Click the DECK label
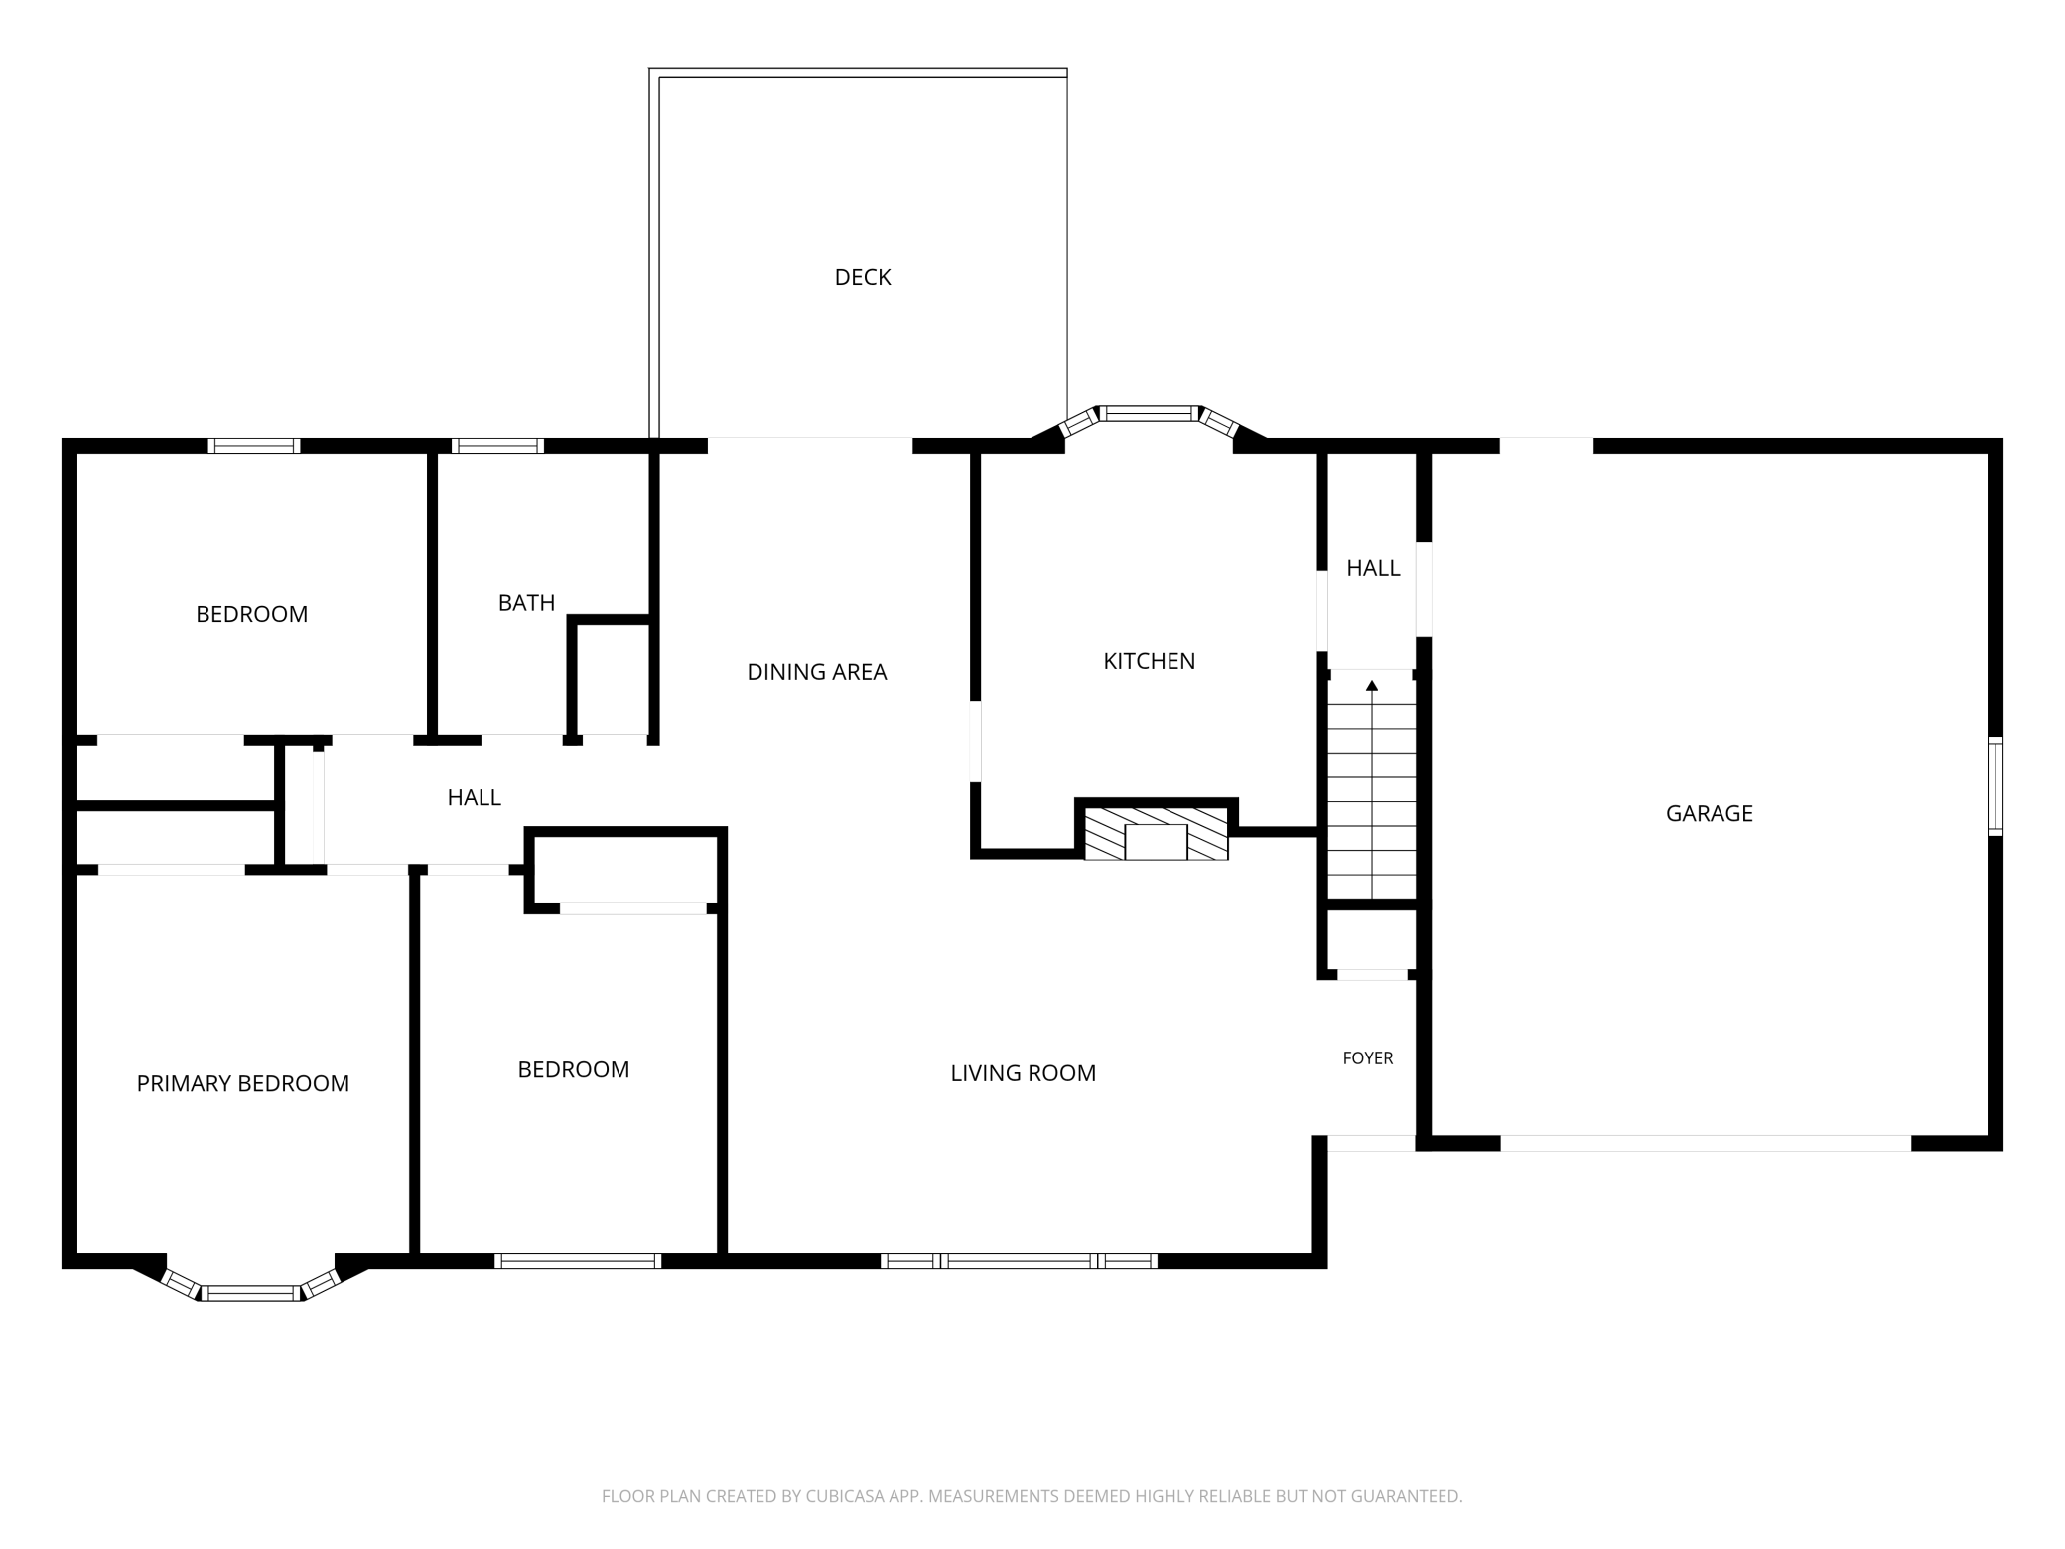click(x=863, y=277)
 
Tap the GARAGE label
click(x=1709, y=813)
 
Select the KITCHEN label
click(x=1149, y=661)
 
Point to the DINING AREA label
click(x=816, y=672)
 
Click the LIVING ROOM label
click(x=1023, y=1073)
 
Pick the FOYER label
click(x=1367, y=1058)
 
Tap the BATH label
click(x=526, y=603)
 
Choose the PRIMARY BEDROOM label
click(x=242, y=1083)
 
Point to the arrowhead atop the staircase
click(x=1372, y=685)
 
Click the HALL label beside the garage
click(x=1373, y=568)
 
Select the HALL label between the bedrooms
click(x=474, y=797)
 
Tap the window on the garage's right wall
click(x=1995, y=786)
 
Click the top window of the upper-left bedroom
click(x=254, y=446)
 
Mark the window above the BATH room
click(x=497, y=446)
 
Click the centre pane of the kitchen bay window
click(x=1150, y=413)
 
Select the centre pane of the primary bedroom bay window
click(x=251, y=1292)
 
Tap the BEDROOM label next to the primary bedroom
click(x=573, y=1069)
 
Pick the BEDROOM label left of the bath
click(x=251, y=614)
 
